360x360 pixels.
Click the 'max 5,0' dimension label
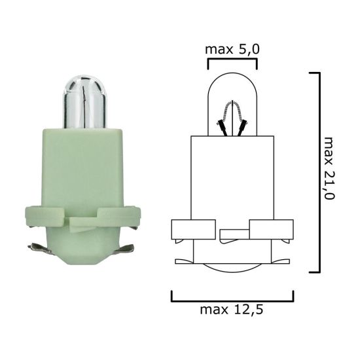point(232,50)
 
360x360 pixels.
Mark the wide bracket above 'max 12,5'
point(232,295)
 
